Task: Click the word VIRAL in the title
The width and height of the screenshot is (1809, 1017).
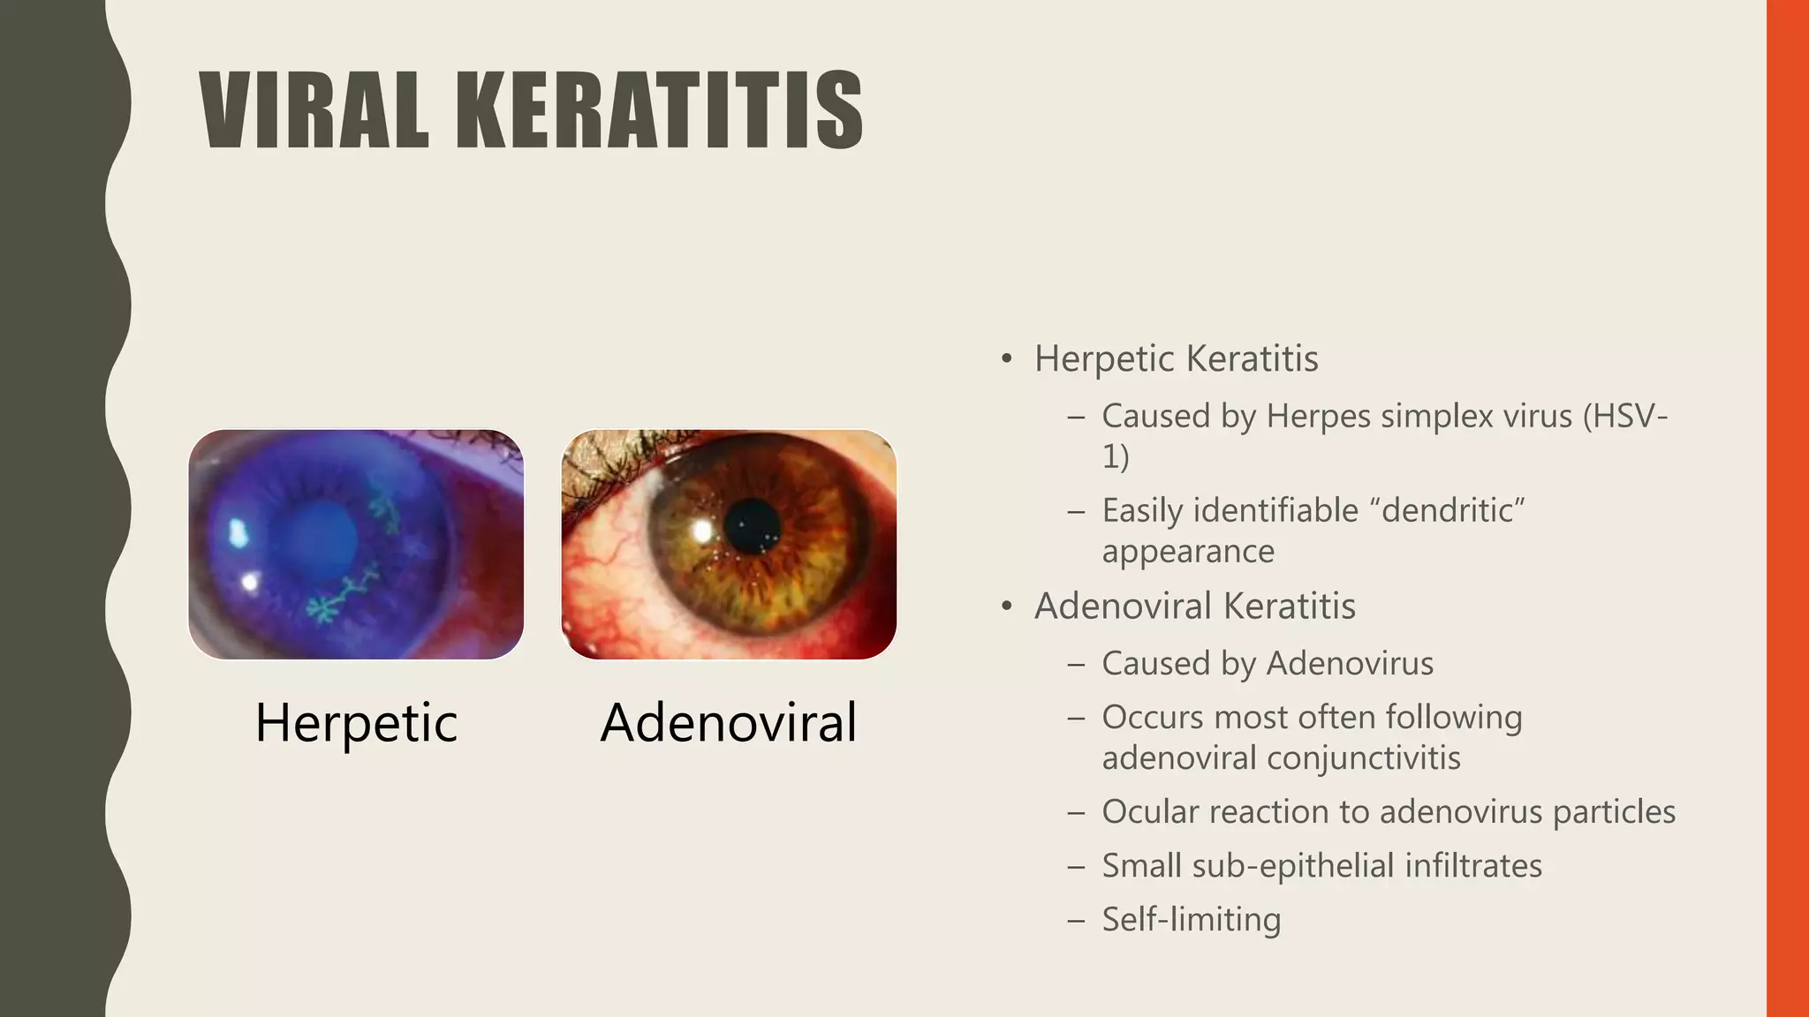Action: coord(314,111)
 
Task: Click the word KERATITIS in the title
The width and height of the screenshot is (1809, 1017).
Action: coord(659,111)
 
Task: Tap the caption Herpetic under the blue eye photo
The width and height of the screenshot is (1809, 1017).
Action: coord(356,723)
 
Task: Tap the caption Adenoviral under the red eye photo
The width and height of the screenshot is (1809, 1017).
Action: coord(729,723)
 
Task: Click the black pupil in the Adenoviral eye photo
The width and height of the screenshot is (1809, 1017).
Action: coord(753,526)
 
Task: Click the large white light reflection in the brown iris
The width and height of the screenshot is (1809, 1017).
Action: coord(702,531)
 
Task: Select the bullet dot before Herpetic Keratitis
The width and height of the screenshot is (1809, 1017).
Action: coord(1006,360)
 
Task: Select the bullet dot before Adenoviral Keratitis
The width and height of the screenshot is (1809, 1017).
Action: coord(1006,607)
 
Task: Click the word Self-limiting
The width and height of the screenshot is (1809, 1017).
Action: coord(1191,920)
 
